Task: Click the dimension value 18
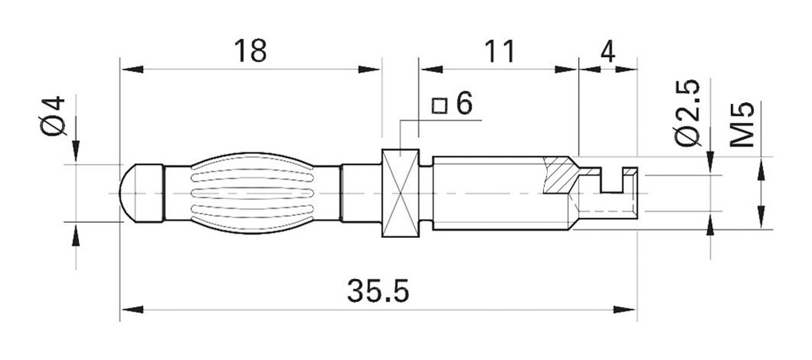tap(250, 51)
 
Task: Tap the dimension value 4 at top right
tap(608, 51)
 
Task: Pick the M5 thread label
tap(741, 124)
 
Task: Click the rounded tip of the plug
tap(133, 193)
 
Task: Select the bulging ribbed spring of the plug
tap(254, 193)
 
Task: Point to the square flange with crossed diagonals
tap(400, 193)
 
